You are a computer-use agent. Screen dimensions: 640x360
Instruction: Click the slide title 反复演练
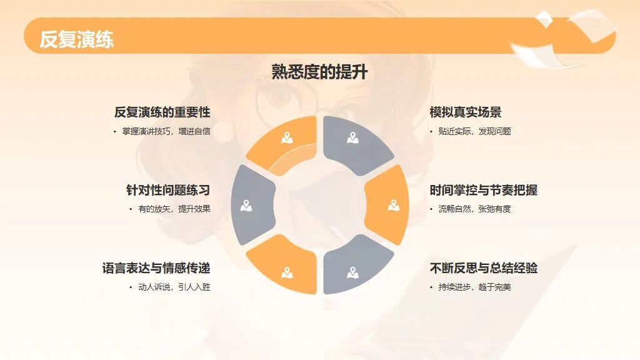pos(77,39)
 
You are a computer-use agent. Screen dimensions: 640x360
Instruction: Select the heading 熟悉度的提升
pos(319,72)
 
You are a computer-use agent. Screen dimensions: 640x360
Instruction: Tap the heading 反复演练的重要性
pos(162,112)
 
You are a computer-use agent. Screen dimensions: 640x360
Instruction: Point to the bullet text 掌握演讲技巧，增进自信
pos(166,131)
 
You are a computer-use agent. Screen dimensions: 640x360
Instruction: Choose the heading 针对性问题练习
pos(168,190)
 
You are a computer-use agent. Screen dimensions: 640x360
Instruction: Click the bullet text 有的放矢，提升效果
pos(174,209)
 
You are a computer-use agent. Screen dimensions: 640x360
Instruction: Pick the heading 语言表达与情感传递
pos(156,268)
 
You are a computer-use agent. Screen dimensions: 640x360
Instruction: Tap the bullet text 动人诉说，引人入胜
pos(174,287)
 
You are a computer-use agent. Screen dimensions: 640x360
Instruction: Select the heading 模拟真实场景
pos(465,112)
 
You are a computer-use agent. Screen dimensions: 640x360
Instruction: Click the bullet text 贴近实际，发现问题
pos(475,131)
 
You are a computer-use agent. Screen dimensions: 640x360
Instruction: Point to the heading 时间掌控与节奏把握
pos(483,190)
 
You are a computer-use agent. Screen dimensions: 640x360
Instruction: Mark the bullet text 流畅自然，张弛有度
pos(475,209)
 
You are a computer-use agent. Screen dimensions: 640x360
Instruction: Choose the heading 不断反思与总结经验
pos(483,268)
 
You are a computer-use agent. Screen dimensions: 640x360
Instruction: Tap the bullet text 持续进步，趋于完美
pos(475,287)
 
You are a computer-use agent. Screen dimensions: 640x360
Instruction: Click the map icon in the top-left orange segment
pos(287,138)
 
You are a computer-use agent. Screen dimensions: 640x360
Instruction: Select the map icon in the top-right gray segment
pos(352,138)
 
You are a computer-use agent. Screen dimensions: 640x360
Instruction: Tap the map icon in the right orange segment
pos(394,205)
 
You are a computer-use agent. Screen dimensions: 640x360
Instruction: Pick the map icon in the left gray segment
pos(246,205)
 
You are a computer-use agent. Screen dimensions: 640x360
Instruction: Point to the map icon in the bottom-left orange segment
pos(287,272)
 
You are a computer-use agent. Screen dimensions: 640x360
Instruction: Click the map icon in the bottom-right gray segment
pos(352,272)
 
